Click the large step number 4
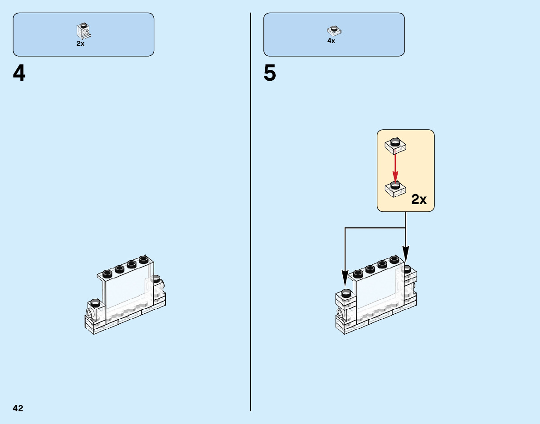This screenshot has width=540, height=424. click(19, 74)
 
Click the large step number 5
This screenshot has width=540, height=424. click(270, 74)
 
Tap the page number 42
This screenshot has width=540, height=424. click(18, 408)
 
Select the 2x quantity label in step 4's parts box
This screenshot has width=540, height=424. click(80, 44)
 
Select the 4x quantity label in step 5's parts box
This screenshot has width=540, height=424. click(331, 41)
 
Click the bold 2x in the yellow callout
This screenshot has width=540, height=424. click(419, 200)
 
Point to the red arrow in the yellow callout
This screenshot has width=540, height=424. click(395, 166)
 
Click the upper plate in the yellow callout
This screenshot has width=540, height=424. click(395, 145)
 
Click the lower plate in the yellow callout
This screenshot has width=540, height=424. click(395, 188)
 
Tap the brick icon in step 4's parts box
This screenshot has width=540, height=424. click(83, 30)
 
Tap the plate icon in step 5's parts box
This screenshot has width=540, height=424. click(334, 31)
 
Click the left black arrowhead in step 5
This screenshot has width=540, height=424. click(345, 276)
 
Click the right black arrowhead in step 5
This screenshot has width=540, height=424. click(405, 254)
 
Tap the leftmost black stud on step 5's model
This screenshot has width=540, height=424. click(346, 292)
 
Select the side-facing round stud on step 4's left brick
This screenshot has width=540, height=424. click(90, 313)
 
